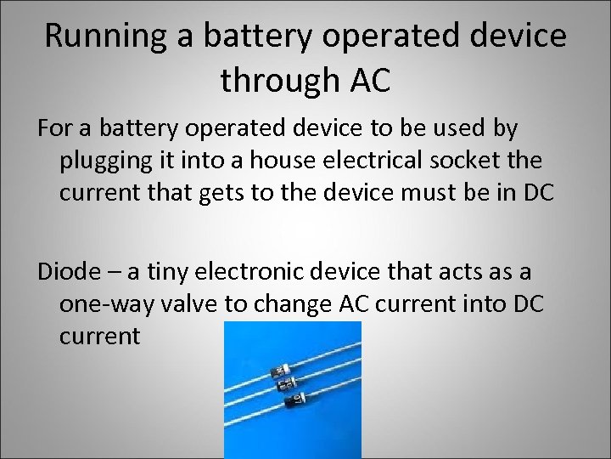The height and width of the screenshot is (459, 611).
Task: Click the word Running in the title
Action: click(x=94, y=36)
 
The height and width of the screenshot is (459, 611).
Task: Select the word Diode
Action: click(x=65, y=271)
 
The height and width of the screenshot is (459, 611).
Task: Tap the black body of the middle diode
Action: click(x=288, y=386)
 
